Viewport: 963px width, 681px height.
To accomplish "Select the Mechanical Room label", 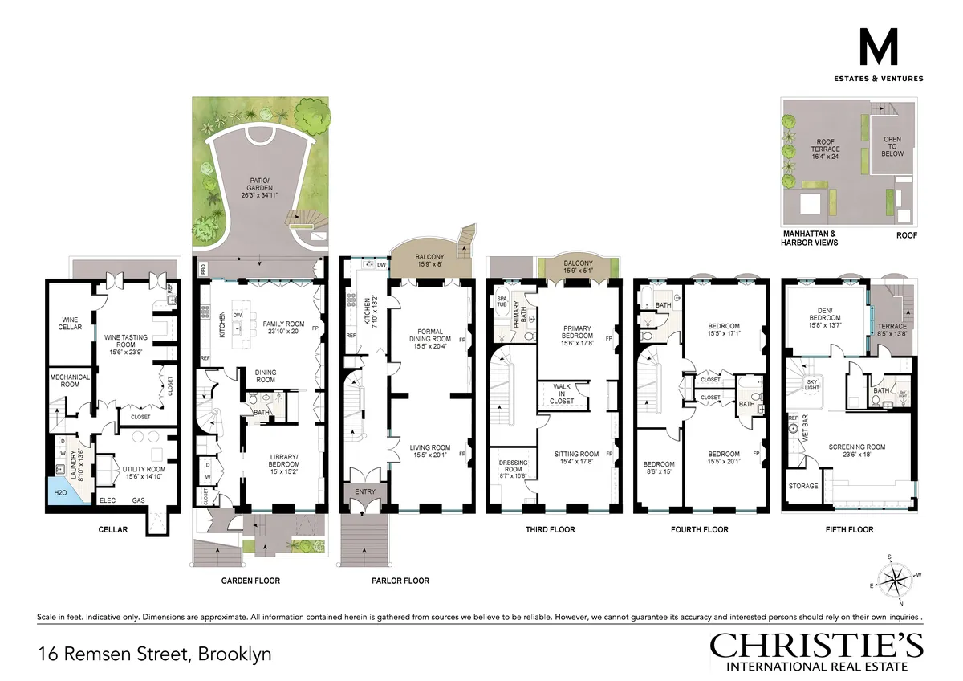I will pyautogui.click(x=70, y=381).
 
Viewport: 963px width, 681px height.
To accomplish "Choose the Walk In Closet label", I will pyautogui.click(x=562, y=394).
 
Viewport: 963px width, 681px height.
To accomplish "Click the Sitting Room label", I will pyautogui.click(x=576, y=458).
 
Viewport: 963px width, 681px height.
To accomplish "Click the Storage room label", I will pyautogui.click(x=803, y=486).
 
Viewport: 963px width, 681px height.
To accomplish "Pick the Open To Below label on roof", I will pyautogui.click(x=892, y=146).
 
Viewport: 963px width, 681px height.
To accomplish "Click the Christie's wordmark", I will pyautogui.click(x=816, y=645).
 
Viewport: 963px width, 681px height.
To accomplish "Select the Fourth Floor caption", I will pyautogui.click(x=699, y=529).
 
